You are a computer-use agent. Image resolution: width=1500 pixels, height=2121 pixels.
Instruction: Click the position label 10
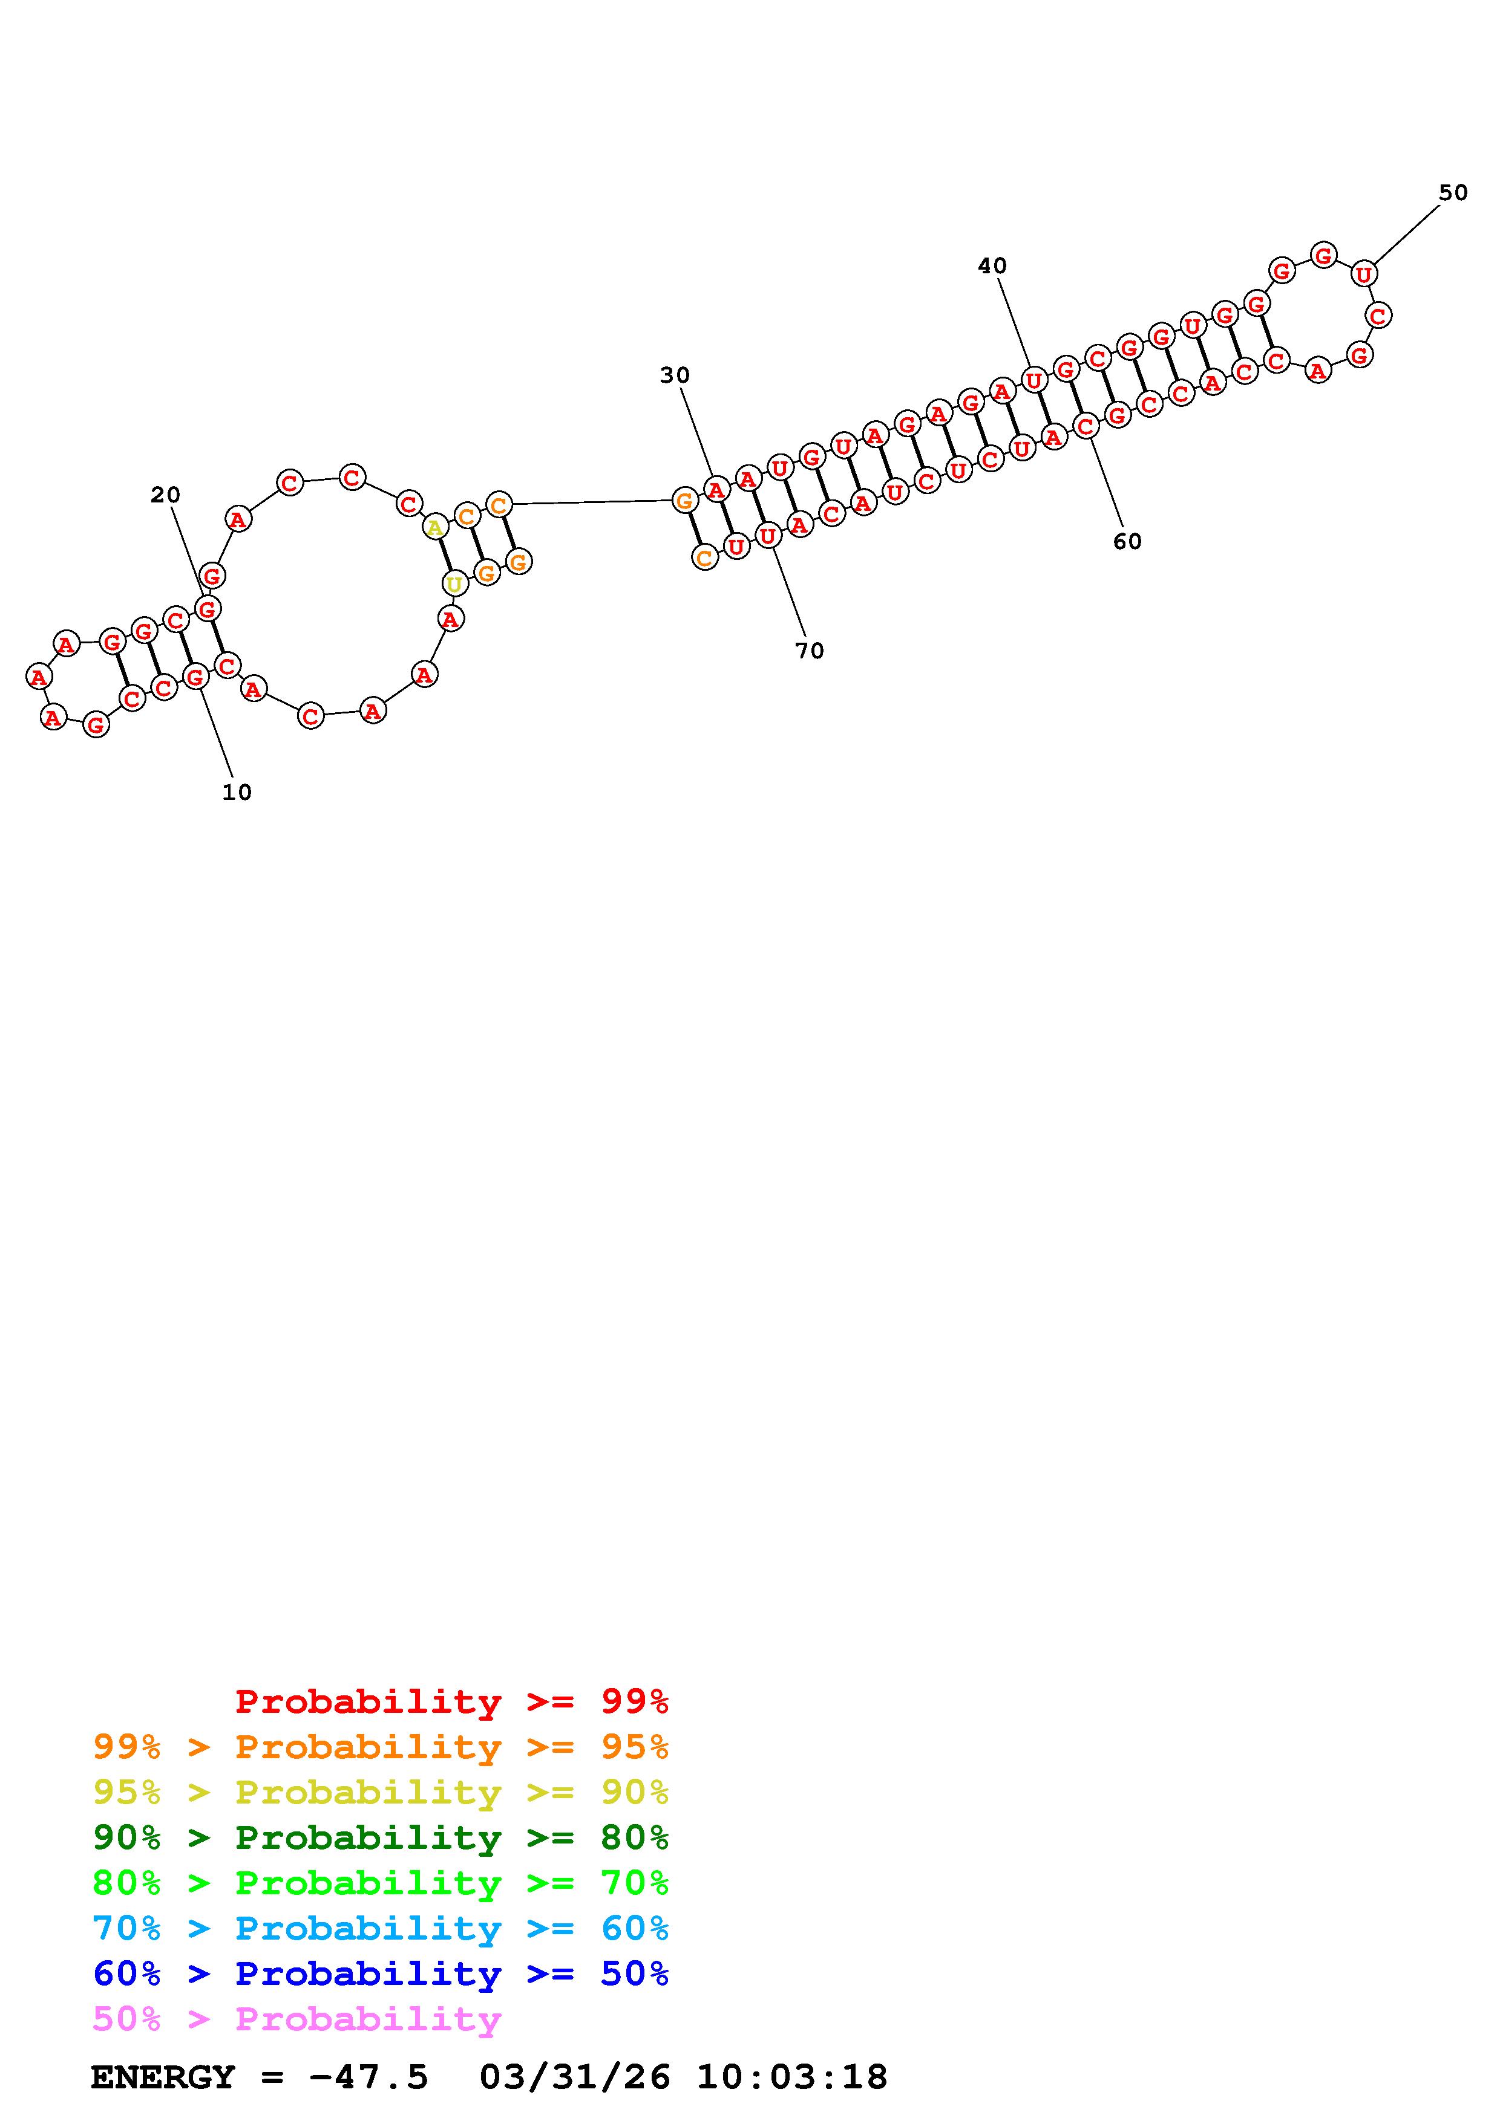click(237, 791)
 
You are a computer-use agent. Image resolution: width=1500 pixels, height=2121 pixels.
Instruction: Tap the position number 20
click(165, 495)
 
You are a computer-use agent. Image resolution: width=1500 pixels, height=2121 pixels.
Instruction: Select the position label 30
click(675, 375)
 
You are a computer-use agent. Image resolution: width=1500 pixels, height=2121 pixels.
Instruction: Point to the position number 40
click(992, 266)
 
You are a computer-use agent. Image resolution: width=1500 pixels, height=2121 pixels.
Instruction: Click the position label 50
click(1453, 192)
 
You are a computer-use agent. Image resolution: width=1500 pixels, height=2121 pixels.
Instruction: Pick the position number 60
click(1127, 541)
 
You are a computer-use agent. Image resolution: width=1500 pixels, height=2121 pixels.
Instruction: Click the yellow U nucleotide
click(454, 584)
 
